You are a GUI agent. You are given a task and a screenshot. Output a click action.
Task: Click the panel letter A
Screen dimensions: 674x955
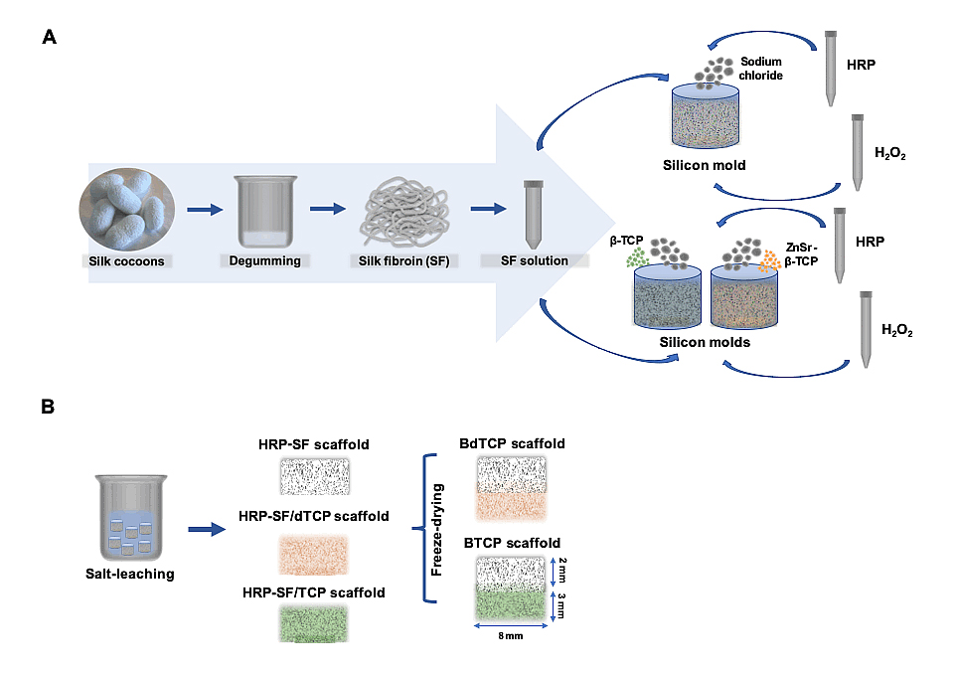(x=49, y=38)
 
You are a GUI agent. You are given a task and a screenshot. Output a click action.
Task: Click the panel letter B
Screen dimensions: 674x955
(x=49, y=407)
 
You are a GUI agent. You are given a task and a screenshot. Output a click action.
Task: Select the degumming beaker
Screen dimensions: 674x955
(x=265, y=211)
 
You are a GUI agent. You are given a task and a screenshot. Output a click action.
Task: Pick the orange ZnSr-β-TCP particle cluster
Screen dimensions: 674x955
(x=767, y=261)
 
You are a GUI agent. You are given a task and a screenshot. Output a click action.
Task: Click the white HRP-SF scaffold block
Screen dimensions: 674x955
(x=314, y=475)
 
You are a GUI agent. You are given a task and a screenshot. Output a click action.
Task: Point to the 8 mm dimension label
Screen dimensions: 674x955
(x=513, y=637)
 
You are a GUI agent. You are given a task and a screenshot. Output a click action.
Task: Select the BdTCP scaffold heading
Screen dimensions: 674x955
(x=512, y=443)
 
